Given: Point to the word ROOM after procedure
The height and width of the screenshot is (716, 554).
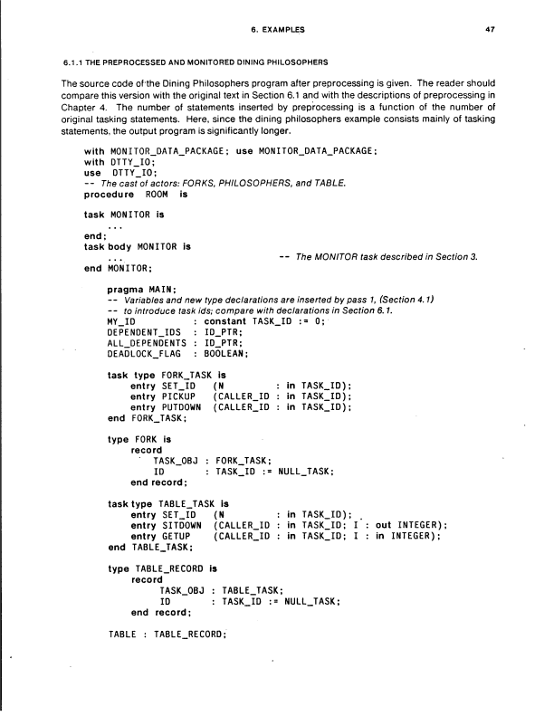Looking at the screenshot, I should (x=157, y=194).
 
